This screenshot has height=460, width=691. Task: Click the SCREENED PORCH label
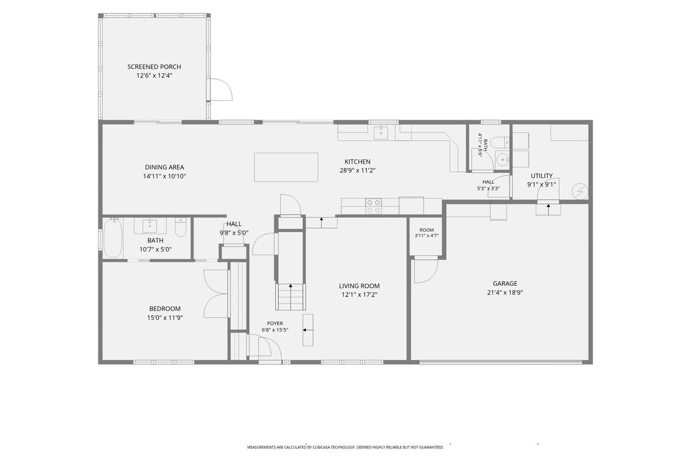(154, 67)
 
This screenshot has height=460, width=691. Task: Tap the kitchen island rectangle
(286, 167)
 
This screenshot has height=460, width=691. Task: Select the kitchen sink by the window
(381, 132)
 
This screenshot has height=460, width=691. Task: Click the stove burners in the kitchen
(373, 206)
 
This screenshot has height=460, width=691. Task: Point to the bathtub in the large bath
(113, 237)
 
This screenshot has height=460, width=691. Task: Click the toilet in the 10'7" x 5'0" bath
(180, 227)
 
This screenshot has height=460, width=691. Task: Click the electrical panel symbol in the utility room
(580, 191)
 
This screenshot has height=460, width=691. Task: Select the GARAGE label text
(505, 283)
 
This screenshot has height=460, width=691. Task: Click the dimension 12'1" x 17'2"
(359, 294)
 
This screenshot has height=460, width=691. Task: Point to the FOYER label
(275, 323)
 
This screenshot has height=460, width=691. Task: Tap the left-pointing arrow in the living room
(308, 330)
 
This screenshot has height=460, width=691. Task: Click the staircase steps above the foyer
(290, 297)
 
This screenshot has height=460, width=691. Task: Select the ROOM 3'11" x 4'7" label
(427, 233)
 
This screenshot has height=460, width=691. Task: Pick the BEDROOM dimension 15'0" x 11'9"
(165, 317)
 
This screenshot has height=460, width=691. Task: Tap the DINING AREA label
(165, 167)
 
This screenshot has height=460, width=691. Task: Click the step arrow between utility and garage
(548, 209)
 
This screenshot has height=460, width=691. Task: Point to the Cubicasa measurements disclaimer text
(345, 447)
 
